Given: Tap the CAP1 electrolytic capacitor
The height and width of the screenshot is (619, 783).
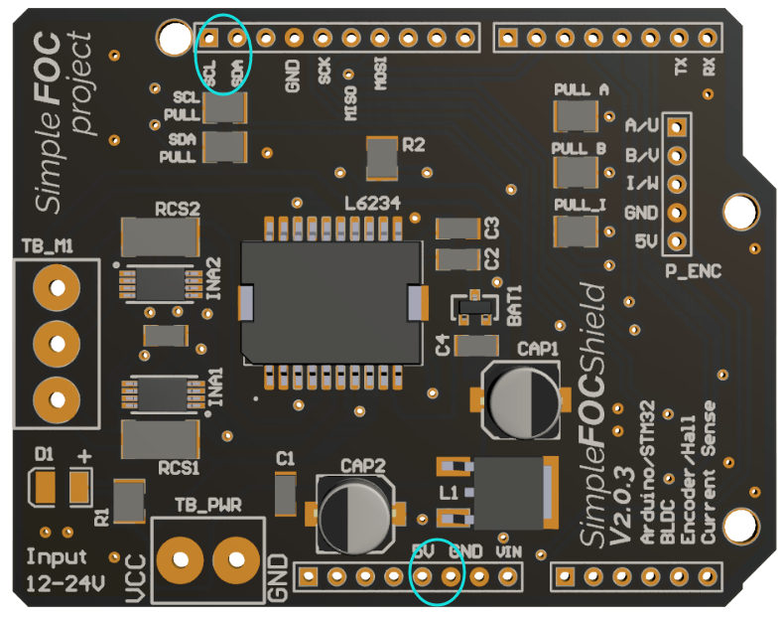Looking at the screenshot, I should pyautogui.click(x=517, y=397).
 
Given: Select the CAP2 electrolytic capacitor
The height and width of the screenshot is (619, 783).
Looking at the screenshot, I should pyautogui.click(x=354, y=513).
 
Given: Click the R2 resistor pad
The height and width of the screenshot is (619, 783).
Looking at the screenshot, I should pyautogui.click(x=381, y=155).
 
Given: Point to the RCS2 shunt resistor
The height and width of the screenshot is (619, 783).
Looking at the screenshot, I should pyautogui.click(x=160, y=236).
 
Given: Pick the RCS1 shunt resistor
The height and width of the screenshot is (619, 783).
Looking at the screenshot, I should pyautogui.click(x=160, y=437).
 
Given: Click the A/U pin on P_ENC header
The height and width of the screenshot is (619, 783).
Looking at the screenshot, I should pyautogui.click(x=677, y=127).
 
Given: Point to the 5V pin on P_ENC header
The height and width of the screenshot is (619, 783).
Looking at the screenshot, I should pyautogui.click(x=677, y=240).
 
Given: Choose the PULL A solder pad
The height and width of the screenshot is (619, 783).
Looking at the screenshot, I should pyautogui.click(x=581, y=115).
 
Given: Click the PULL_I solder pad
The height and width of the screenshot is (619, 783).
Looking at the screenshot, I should pyautogui.click(x=581, y=232).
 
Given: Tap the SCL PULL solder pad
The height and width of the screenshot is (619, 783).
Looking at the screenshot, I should pyautogui.click(x=224, y=108).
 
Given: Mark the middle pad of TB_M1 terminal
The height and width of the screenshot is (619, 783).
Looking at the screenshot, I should pyautogui.click(x=57, y=345).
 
